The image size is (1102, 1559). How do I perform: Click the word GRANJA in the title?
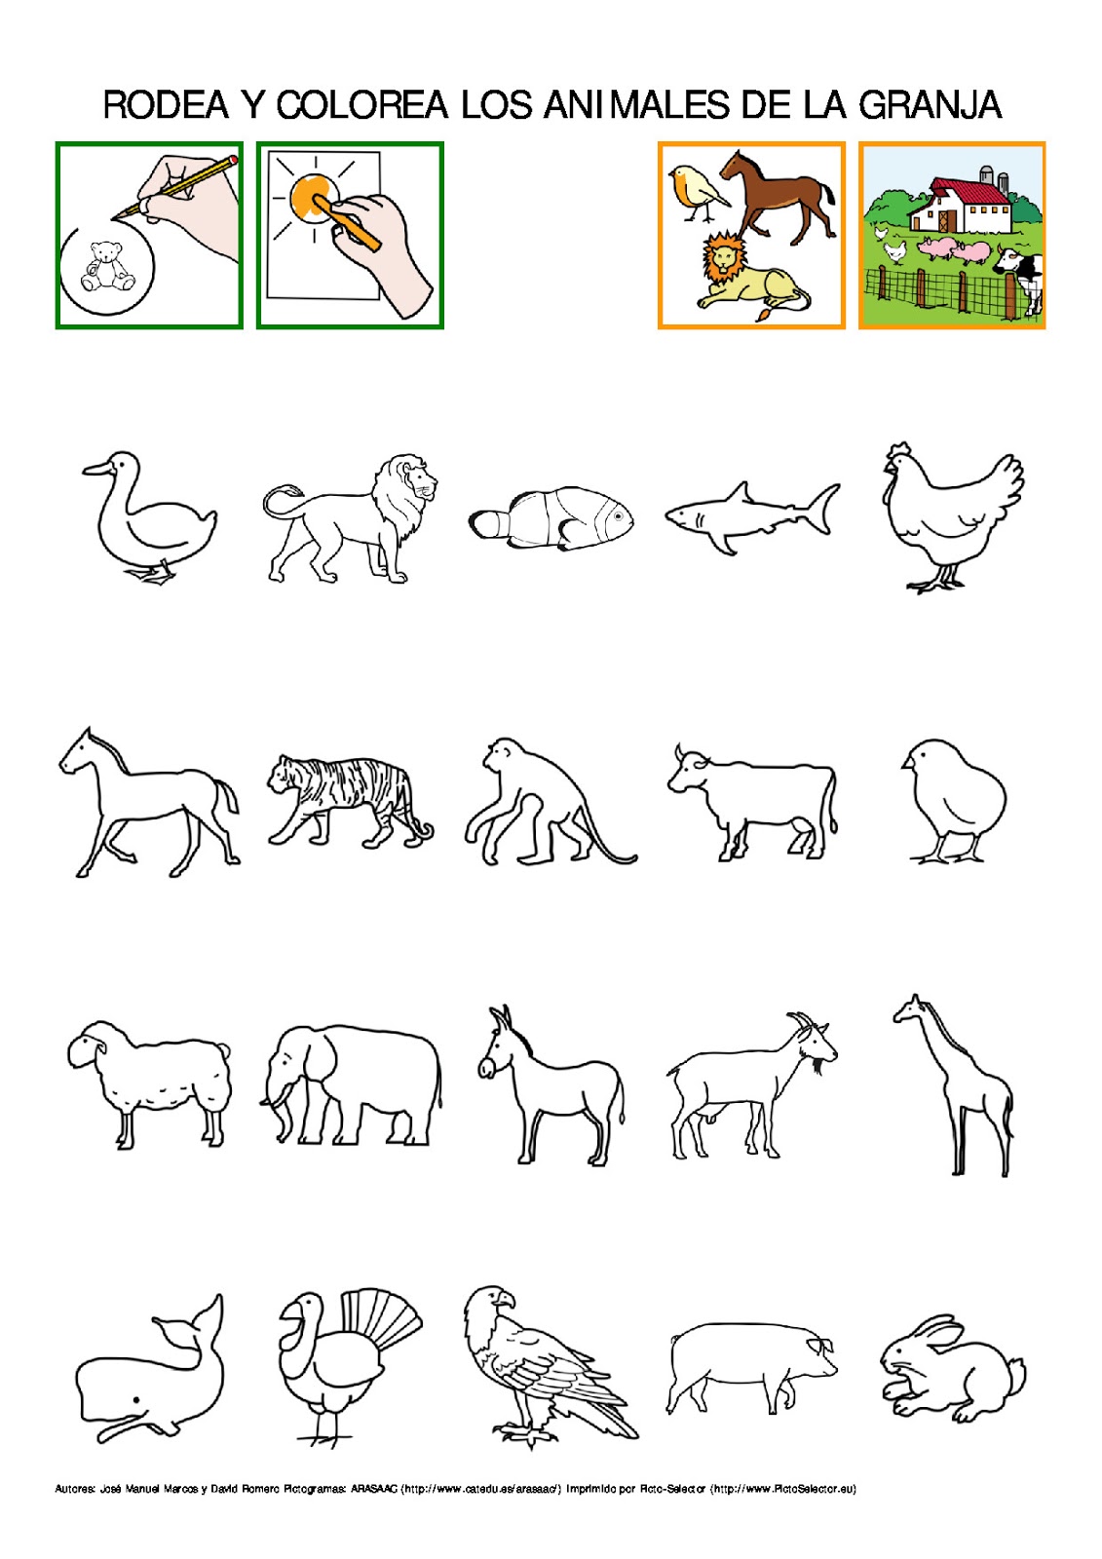click(x=930, y=105)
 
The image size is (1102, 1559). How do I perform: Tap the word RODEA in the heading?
click(x=166, y=105)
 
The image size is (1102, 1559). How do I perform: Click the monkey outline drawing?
click(x=541, y=804)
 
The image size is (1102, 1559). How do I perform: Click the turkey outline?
click(x=341, y=1359)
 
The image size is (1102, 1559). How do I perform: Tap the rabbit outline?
click(x=950, y=1369)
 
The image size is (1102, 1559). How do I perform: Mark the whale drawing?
click(x=151, y=1374)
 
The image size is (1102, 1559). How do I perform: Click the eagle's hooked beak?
click(x=505, y=1300)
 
